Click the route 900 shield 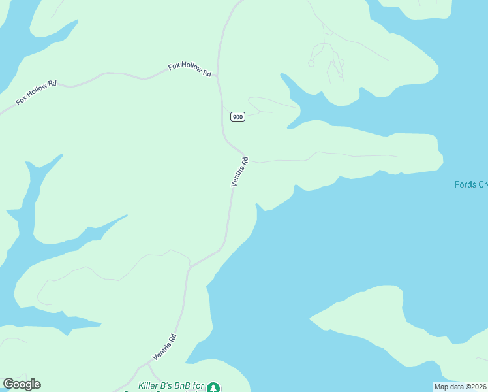[x=237, y=117]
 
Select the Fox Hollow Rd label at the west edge [x=37, y=92]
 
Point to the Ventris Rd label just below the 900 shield [x=240, y=171]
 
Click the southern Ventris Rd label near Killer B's [x=165, y=347]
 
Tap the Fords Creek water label [x=470, y=184]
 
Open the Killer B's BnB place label [x=172, y=386]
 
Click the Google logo [x=22, y=384]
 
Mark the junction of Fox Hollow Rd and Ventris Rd [x=218, y=76]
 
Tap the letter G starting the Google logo [x=8, y=384]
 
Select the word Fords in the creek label [x=465, y=184]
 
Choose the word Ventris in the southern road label [x=162, y=351]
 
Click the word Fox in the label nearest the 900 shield [x=174, y=66]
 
